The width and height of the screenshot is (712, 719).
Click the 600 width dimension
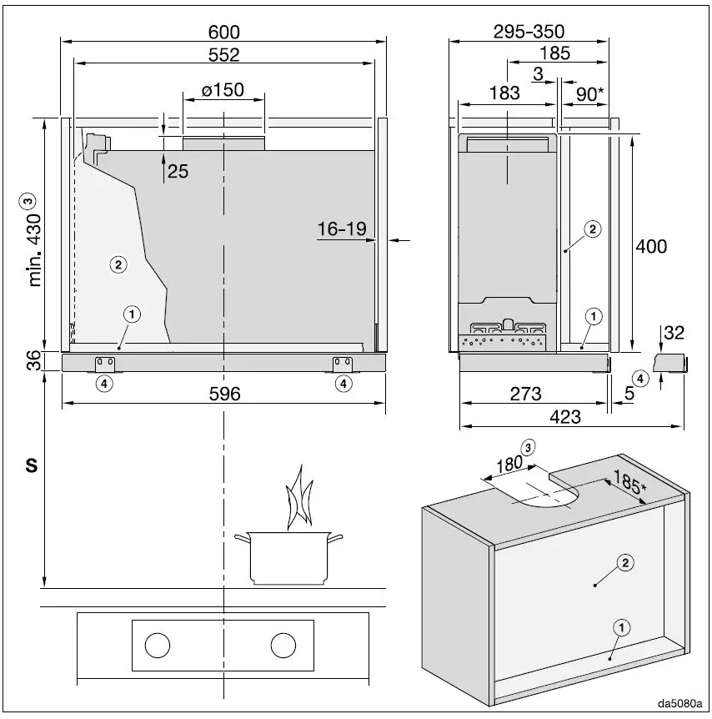coord(223,32)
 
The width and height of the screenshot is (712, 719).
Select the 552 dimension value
coord(223,55)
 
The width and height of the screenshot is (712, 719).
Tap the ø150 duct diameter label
coord(223,90)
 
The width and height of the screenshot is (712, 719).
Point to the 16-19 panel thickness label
coord(342,229)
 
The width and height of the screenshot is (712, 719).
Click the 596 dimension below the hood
coord(223,394)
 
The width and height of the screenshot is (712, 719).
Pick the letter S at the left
coord(32,466)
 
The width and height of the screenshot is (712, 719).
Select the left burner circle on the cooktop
coord(157,645)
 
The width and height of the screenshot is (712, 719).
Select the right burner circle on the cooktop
coord(283,645)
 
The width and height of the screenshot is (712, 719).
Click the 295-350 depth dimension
coord(529,32)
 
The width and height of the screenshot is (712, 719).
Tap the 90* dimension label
coord(590,94)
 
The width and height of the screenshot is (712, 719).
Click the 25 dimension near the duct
coord(178,172)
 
